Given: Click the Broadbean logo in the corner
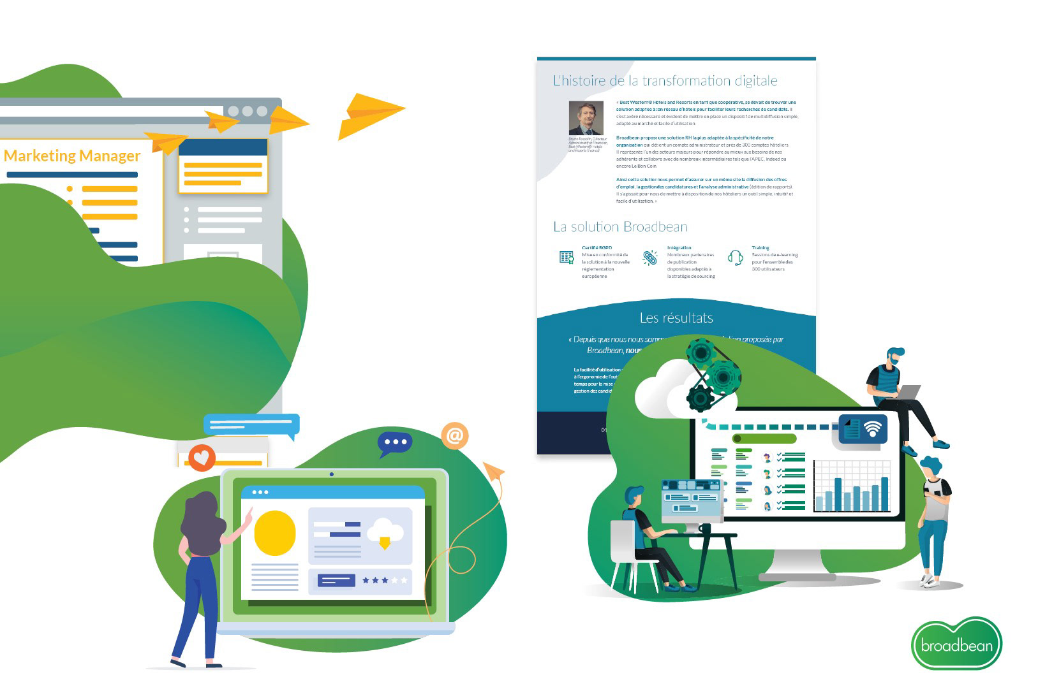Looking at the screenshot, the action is point(956,644).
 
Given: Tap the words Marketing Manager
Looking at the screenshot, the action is point(72,156).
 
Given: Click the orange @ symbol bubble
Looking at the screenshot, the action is point(454,436).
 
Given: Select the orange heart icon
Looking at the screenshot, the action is point(202,457).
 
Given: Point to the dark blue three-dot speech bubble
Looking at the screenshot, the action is point(395,442).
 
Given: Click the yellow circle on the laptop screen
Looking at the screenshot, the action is point(275,533).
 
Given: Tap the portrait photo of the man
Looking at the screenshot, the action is point(586,118).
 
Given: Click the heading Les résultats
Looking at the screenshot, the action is point(676,317).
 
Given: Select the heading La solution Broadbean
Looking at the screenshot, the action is point(620,226).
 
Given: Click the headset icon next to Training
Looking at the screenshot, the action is point(736,258).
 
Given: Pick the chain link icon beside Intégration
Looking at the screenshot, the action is point(649,258).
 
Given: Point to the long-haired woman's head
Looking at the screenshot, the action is point(202,510).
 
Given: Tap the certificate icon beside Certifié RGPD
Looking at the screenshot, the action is point(567,258).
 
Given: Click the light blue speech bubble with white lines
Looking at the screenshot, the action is point(251,425).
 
